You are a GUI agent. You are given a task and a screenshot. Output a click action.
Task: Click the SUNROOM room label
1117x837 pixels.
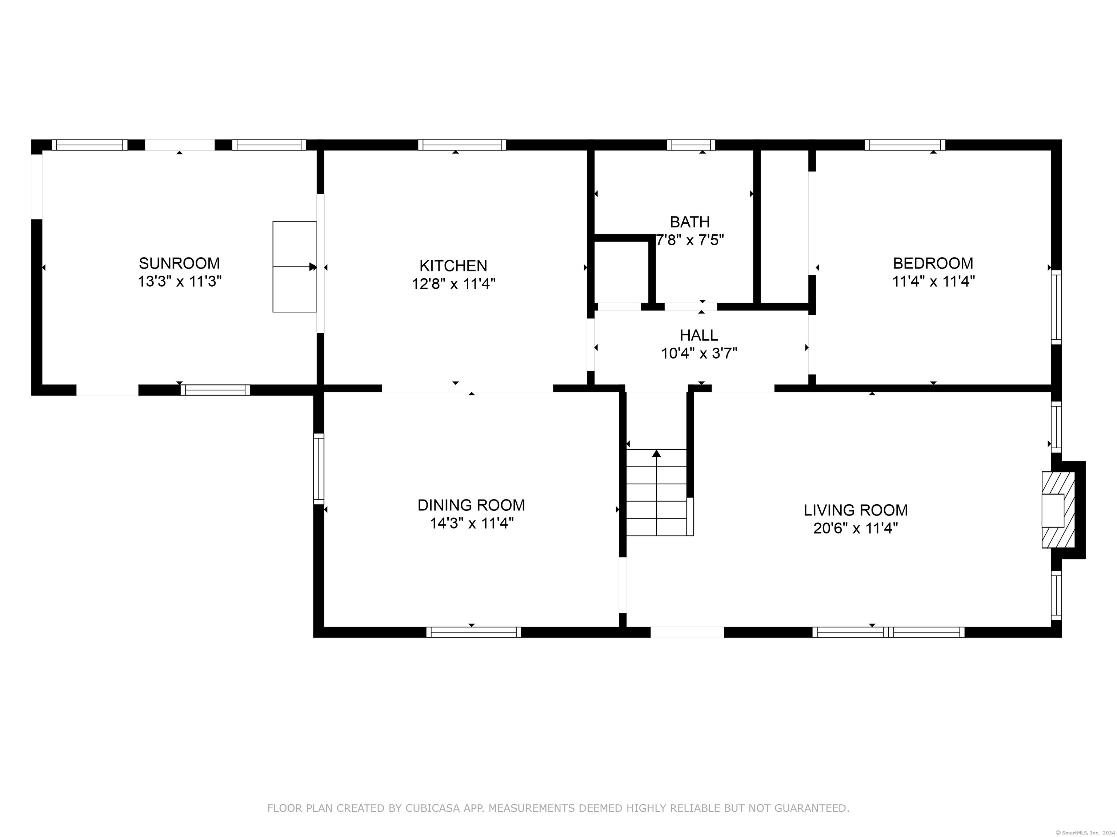pos(179,263)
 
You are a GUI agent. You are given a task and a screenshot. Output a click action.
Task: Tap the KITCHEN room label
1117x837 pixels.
pos(453,266)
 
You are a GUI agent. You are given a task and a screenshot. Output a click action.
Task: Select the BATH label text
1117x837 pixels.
pos(689,222)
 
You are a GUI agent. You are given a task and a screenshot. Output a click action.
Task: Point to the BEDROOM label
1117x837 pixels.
pos(933,263)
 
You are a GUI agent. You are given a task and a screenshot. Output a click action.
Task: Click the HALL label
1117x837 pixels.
pos(698,335)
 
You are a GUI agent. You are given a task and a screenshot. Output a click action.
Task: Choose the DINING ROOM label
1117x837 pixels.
pos(471,505)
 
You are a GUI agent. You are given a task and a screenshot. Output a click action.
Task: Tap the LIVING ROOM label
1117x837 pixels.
pos(856,510)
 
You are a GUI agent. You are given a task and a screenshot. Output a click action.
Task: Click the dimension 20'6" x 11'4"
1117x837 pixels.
pos(856,528)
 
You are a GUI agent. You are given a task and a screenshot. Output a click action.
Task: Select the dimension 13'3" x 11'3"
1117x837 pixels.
pos(180,281)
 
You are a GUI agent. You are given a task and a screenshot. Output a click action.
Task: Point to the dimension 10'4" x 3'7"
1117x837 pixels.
pos(699,353)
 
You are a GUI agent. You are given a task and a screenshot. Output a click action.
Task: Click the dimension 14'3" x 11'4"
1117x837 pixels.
pos(471,523)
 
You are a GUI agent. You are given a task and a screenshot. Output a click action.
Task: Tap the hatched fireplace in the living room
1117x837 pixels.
pos(1058,510)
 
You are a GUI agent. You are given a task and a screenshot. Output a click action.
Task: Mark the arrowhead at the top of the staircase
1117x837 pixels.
pos(656,453)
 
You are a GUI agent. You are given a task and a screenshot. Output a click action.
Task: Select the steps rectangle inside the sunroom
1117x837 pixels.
pos(295,266)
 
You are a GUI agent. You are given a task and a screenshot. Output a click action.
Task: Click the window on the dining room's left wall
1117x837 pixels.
pos(319,469)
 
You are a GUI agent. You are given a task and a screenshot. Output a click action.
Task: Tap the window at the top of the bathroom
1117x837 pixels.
pos(691,145)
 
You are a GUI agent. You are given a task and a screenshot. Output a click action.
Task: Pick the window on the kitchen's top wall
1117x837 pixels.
pos(462,145)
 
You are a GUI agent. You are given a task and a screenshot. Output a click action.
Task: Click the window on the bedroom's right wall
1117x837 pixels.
pos(1056,307)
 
